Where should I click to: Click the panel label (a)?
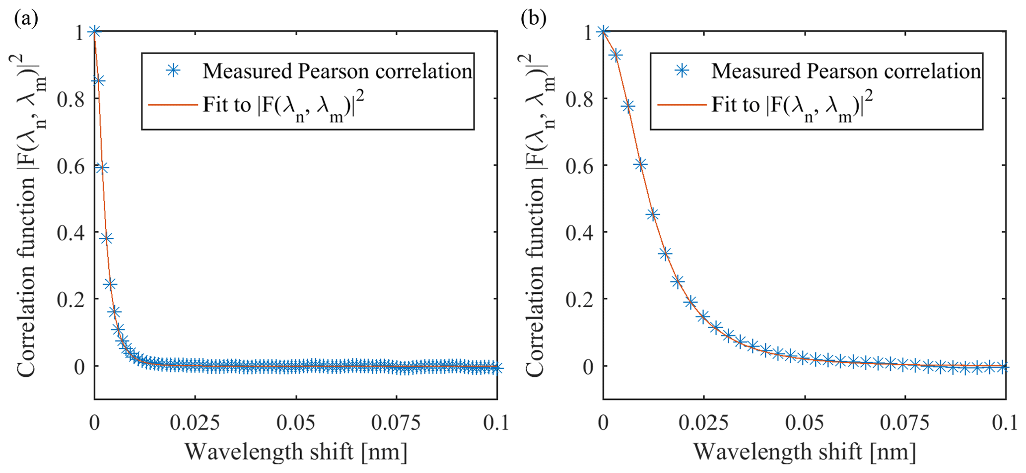coord(26,19)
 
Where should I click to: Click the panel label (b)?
coord(534,19)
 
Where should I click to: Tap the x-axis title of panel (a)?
coord(296,452)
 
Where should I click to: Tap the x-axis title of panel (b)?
coord(804,452)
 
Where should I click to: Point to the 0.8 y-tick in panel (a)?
coord(70,99)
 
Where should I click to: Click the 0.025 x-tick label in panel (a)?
coord(195,423)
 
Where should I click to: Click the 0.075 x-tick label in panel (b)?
coord(905,423)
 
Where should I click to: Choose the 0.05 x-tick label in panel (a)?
coord(296,423)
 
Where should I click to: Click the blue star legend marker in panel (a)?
coord(173,71)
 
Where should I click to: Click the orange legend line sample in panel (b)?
coord(681,105)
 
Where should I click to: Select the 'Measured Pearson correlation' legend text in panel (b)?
coord(846,71)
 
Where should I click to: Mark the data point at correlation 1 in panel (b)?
coord(603,32)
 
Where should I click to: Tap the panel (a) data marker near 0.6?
coord(102,168)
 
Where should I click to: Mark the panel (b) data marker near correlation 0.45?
coord(653,214)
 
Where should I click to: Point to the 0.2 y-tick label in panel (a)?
coord(70,299)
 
